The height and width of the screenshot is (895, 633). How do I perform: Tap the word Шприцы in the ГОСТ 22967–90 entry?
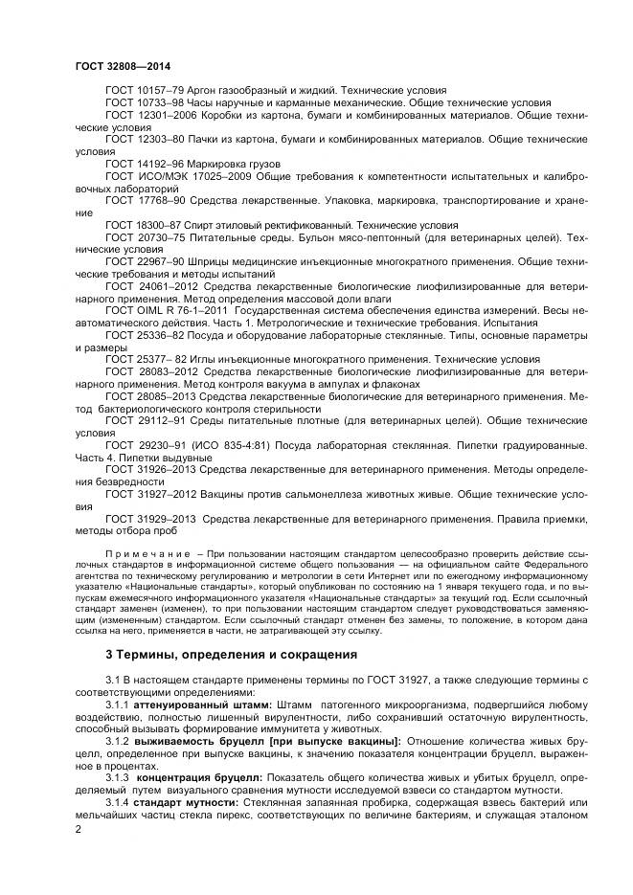point(207,263)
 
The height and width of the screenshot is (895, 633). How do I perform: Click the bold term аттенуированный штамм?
point(189,705)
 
